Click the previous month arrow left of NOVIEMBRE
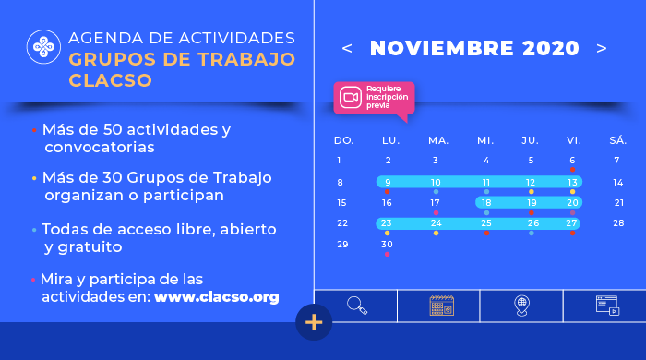[x=347, y=48]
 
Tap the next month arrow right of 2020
[x=602, y=48]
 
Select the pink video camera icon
[x=350, y=97]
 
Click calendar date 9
[x=388, y=183]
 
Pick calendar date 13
[x=572, y=183]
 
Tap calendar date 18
[x=486, y=202]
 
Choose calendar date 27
[x=572, y=222]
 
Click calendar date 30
[x=388, y=244]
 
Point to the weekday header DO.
[x=343, y=140]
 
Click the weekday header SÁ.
[x=618, y=140]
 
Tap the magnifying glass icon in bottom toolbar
[x=356, y=306]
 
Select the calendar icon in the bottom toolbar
[x=441, y=306]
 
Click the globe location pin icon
[x=521, y=306]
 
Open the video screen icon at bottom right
[x=607, y=306]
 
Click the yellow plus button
[x=314, y=322]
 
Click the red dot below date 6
[x=572, y=170]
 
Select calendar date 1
[x=339, y=161]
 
